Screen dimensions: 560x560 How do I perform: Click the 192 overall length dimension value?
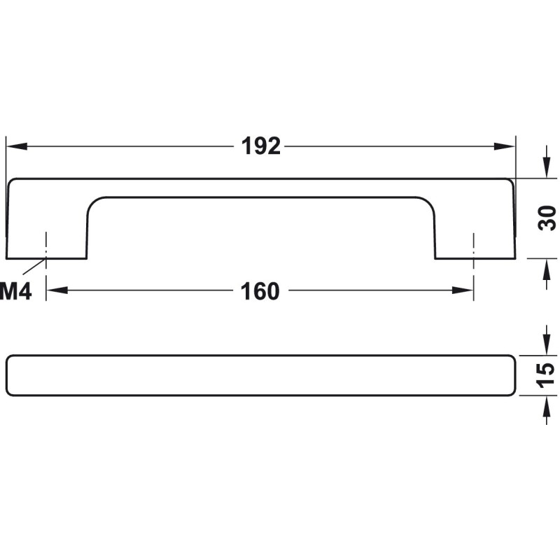[x=261, y=146]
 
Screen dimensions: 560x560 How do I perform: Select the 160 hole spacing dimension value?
[x=260, y=291]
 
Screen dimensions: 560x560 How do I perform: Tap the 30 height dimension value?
[x=547, y=218]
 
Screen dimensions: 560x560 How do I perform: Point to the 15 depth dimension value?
[x=546, y=375]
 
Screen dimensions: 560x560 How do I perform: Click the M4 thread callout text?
[x=15, y=291]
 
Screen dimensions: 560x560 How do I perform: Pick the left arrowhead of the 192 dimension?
[x=17, y=146]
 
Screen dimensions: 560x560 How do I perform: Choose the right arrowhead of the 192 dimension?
[x=505, y=146]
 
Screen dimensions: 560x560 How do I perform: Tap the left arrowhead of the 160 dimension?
[x=57, y=290]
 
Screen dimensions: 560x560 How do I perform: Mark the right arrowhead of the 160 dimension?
[x=463, y=290]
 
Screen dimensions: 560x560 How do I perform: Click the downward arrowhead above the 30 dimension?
[x=546, y=167]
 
